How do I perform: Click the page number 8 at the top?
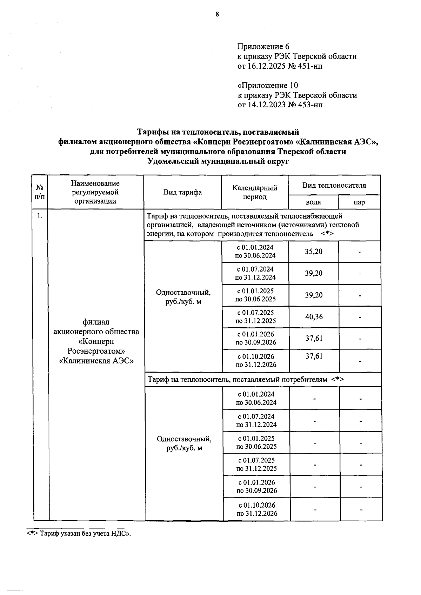pos(217,14)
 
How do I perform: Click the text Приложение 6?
pos(263,47)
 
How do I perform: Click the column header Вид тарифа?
pos(182,192)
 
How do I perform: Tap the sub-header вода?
pos(313,202)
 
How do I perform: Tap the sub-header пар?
pos(359,202)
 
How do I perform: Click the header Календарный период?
pos(255,192)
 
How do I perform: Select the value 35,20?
pos(313,252)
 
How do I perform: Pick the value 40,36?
pos(314,317)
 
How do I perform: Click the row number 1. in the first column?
pos(40,216)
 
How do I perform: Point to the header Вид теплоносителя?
pos(334,185)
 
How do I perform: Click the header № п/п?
pos(40,192)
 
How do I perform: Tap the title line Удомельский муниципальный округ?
pos(218,161)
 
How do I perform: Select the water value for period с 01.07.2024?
pos(313,273)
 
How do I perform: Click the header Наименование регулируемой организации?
pos(95,192)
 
